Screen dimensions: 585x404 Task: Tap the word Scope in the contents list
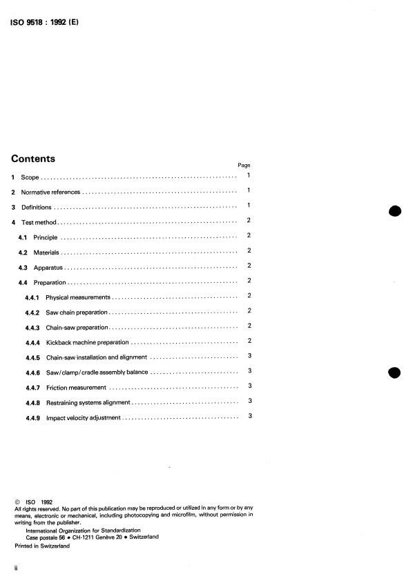coord(30,177)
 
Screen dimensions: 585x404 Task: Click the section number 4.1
coord(22,237)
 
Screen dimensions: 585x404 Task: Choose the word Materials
coord(47,252)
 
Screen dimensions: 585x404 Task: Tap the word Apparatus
coord(48,266)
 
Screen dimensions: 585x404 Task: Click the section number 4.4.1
coord(32,297)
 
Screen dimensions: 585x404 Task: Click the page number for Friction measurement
coord(249,386)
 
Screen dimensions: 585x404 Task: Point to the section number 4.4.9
coord(32,417)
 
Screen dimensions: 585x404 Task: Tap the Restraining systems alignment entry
coord(88,401)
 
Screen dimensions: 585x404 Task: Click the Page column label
coord(244,166)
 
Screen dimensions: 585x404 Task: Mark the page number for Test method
coord(249,221)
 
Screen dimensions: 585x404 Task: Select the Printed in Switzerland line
coord(42,546)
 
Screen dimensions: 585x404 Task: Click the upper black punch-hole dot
coord(394,211)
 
